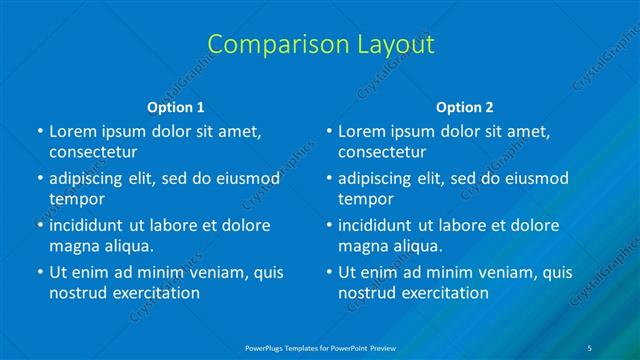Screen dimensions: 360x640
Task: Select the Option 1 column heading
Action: click(x=176, y=107)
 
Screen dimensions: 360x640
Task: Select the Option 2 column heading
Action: click(x=465, y=107)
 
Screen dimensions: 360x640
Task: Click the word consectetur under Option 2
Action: click(x=382, y=152)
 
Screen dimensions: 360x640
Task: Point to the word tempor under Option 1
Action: click(x=74, y=199)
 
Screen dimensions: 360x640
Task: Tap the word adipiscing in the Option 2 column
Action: click(x=375, y=178)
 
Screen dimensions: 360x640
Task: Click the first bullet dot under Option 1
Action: click(x=39, y=131)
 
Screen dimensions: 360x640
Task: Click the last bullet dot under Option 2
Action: click(x=328, y=272)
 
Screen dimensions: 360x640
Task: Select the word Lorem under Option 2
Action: click(x=360, y=131)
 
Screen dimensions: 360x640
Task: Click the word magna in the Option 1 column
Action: click(x=72, y=246)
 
